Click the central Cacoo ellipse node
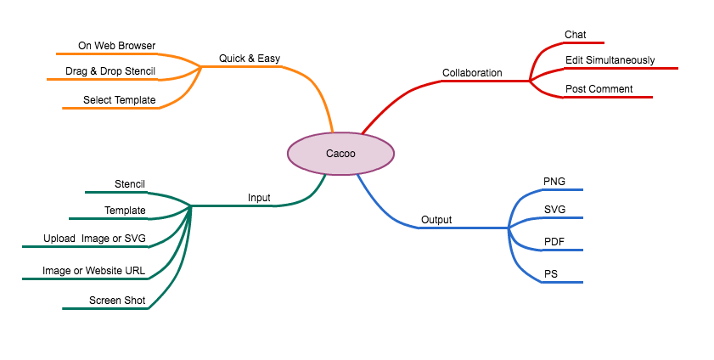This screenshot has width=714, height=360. point(340,154)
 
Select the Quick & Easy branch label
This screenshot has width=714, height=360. point(250,59)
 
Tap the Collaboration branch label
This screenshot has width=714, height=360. point(472,73)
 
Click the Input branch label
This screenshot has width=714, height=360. point(259,198)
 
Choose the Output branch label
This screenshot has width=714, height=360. point(436,220)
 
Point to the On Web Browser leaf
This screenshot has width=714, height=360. point(116,45)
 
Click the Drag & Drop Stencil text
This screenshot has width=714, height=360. point(110,71)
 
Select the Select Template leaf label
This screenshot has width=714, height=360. point(119,100)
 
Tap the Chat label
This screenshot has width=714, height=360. point(575,35)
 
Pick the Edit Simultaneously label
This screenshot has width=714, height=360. point(610,60)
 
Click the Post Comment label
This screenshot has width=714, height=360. point(599,89)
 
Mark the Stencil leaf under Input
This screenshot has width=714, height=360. point(130,184)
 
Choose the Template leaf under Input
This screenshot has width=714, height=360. point(125,211)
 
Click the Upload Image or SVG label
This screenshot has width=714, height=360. point(94,239)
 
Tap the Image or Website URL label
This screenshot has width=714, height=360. point(93,271)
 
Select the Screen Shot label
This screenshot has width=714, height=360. point(117,301)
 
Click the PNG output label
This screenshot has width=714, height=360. point(554,182)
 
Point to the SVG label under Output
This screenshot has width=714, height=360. point(554,209)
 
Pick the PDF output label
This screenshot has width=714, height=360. point(554,243)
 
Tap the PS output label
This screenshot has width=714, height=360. point(550,273)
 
